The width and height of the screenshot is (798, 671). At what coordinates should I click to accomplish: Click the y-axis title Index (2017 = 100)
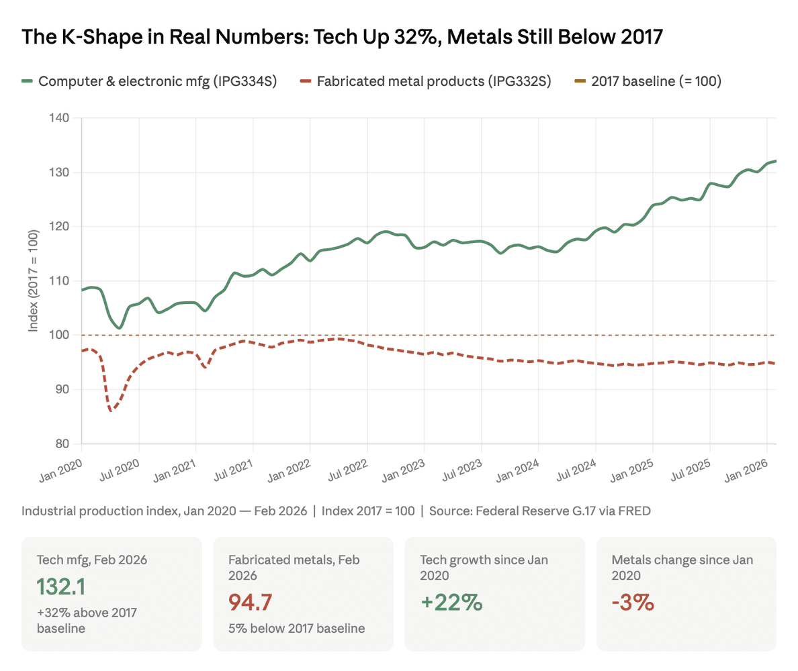tap(34, 280)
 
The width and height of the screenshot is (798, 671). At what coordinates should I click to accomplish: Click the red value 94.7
tap(251, 602)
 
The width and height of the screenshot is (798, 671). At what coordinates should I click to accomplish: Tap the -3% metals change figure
tap(633, 602)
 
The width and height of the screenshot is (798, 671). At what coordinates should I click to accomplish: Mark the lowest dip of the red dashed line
tap(110, 410)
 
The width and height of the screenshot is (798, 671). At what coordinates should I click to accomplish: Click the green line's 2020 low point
tap(119, 327)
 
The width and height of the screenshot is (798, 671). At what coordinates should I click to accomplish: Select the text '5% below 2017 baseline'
tap(296, 629)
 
